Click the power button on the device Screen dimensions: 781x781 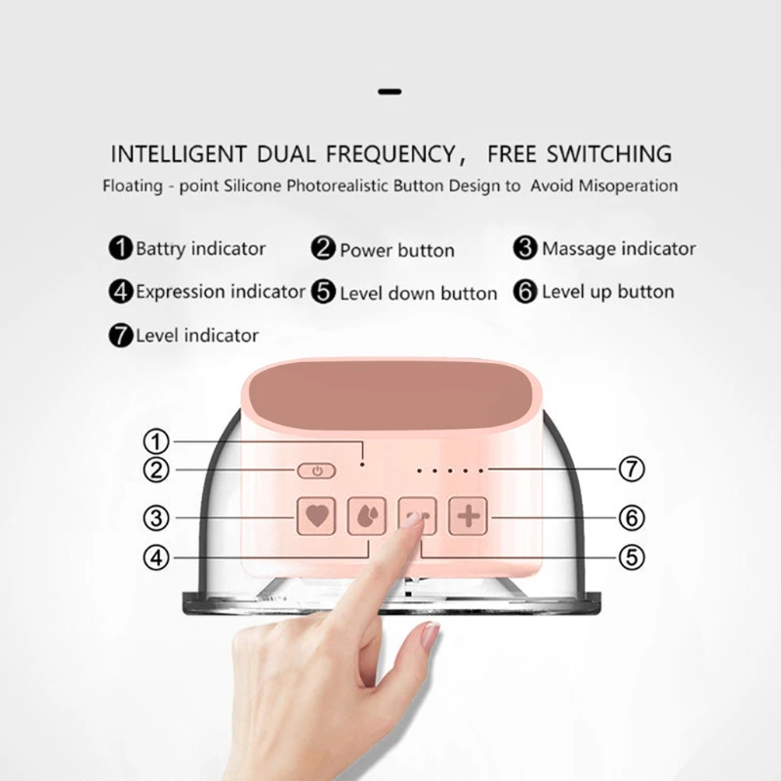click(315, 471)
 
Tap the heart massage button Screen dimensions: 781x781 click(317, 515)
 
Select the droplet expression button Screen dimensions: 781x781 click(367, 515)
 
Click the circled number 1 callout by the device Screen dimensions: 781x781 click(157, 439)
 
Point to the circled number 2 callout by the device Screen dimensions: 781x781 click(157, 470)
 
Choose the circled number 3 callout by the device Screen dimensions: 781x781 click(157, 516)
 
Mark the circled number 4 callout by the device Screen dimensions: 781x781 click(157, 557)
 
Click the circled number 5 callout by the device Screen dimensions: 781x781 click(631, 557)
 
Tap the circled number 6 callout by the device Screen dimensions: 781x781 click(631, 516)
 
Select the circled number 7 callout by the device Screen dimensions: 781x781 click(631, 470)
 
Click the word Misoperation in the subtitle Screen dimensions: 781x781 click(626, 185)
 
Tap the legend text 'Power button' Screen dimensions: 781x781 click(396, 250)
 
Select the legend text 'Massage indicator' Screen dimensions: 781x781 click(619, 248)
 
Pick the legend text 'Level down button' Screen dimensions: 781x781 click(418, 293)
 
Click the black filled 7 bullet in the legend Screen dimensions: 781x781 click(121, 336)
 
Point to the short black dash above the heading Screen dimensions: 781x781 click(390, 92)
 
